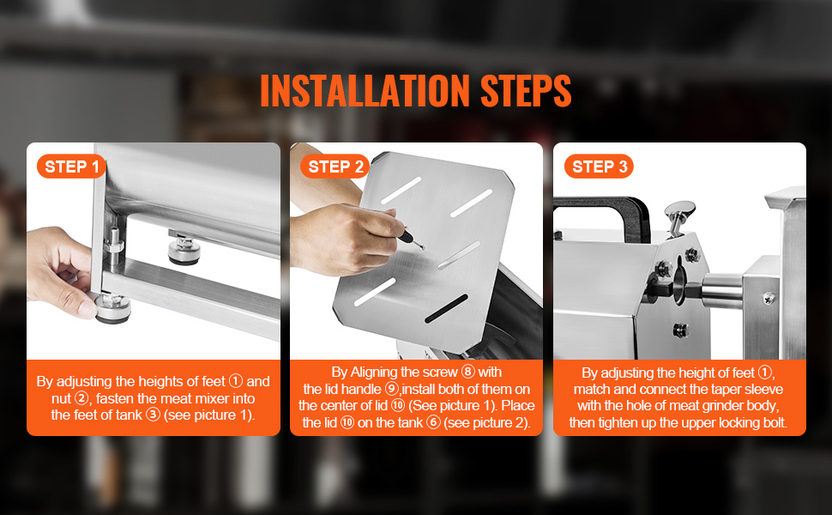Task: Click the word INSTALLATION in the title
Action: pyautogui.click(x=365, y=90)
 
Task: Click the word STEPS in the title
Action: pyautogui.click(x=526, y=90)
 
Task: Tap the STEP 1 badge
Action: pyautogui.click(x=71, y=167)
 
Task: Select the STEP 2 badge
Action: pyautogui.click(x=335, y=167)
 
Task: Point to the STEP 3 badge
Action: pyautogui.click(x=599, y=167)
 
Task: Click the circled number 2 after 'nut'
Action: pyautogui.click(x=81, y=398)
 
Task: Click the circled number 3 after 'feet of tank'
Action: pyautogui.click(x=153, y=415)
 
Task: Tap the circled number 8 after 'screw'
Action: pyautogui.click(x=468, y=372)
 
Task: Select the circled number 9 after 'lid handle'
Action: pyautogui.click(x=392, y=389)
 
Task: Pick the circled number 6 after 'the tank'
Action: pyautogui.click(x=433, y=422)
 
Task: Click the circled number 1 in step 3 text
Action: pyautogui.click(x=764, y=373)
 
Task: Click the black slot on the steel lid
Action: pyautogui.click(x=446, y=309)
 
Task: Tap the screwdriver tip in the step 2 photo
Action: pyautogui.click(x=422, y=247)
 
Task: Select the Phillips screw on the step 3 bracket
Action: pyautogui.click(x=768, y=299)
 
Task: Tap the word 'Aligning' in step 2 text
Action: pyautogui.click(x=375, y=373)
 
